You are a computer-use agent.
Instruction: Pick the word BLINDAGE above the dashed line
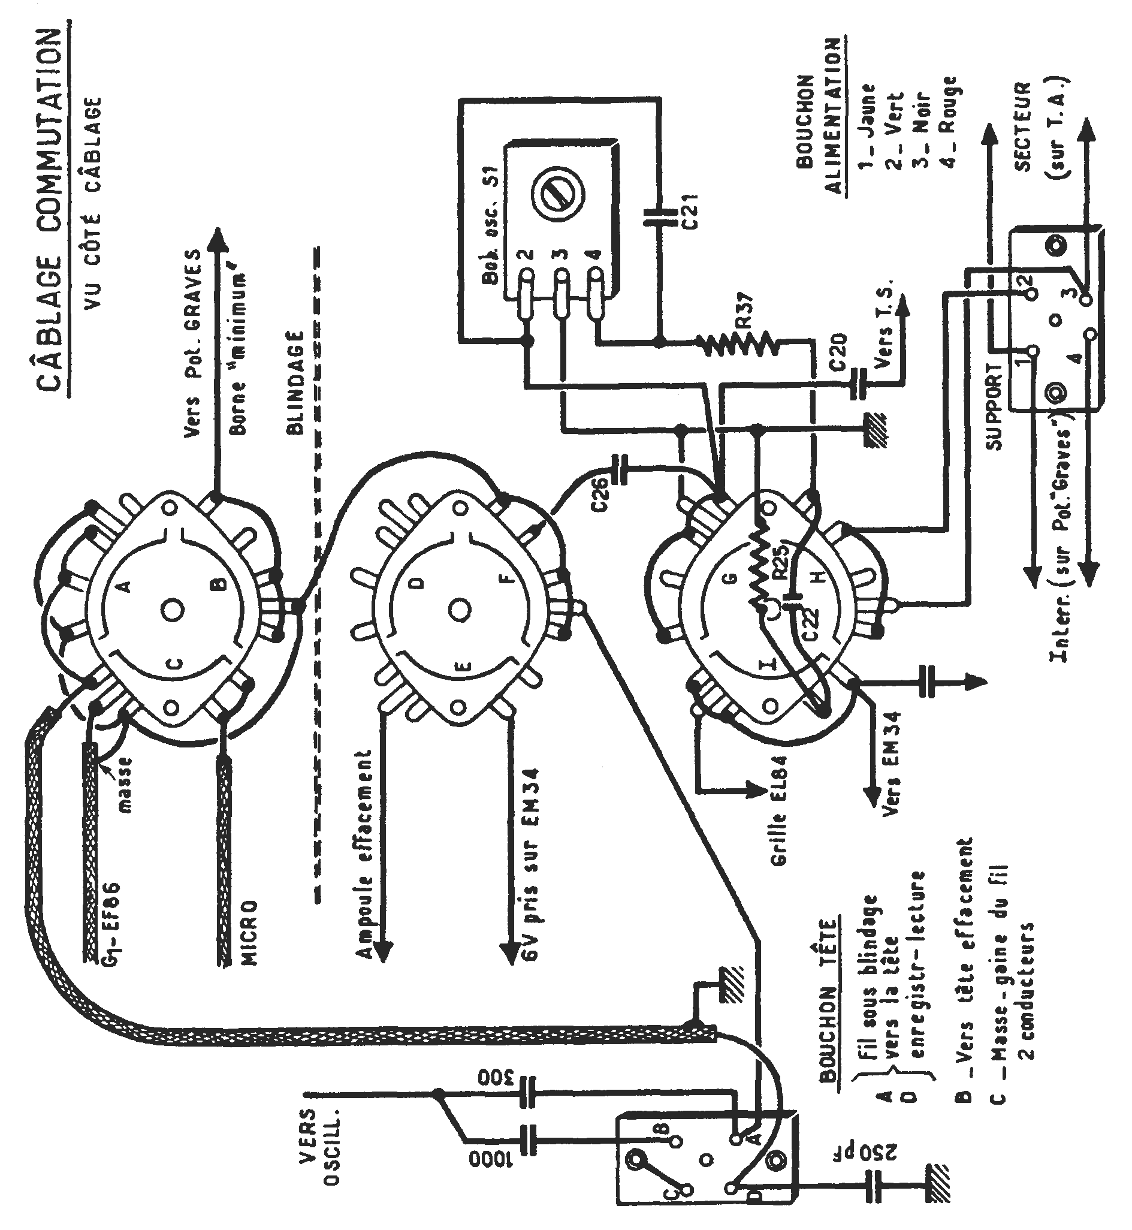(x=295, y=383)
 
